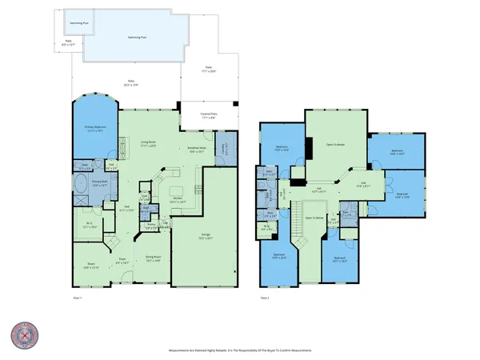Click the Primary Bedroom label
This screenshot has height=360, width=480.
[x=96, y=129]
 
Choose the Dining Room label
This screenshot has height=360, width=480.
[x=153, y=258]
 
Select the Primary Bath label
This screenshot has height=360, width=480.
[x=99, y=184]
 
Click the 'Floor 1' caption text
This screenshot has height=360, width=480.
[x=77, y=297]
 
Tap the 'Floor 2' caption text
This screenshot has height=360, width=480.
[x=264, y=297]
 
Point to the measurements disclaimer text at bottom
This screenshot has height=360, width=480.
[x=239, y=350]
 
